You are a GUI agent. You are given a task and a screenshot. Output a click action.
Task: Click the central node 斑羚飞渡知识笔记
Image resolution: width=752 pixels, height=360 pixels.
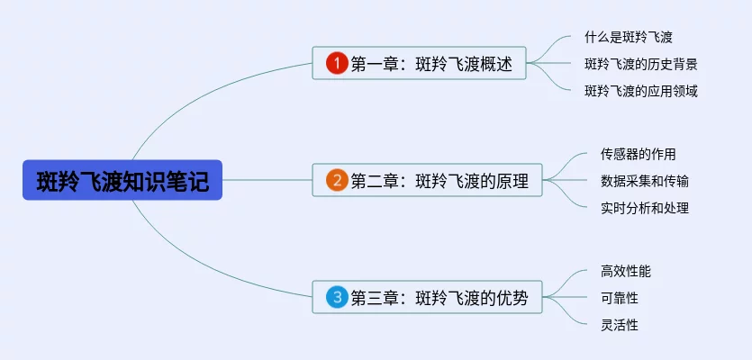point(122,180)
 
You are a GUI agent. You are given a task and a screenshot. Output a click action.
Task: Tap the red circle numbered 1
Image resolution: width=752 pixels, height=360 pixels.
point(336,63)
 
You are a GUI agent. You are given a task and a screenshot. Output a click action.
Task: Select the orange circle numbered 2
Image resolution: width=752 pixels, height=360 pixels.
point(336,180)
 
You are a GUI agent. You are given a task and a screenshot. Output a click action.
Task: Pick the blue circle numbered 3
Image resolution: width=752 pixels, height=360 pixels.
point(336,297)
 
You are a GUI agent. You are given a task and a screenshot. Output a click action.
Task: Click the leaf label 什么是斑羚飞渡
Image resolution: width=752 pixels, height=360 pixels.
point(629,38)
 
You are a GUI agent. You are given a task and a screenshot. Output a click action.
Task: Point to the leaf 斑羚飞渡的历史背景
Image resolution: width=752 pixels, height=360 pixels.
point(640,64)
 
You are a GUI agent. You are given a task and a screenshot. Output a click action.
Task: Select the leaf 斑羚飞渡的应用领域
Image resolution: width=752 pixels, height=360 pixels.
point(640,90)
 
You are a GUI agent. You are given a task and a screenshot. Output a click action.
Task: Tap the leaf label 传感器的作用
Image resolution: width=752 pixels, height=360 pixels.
point(638,154)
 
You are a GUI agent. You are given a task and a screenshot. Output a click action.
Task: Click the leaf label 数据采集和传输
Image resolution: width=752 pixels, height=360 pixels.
point(645,181)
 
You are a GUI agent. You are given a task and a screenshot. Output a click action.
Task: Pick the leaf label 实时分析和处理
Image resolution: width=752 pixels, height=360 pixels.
point(645,208)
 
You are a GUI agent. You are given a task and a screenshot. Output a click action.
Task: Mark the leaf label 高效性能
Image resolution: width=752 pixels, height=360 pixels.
point(625,271)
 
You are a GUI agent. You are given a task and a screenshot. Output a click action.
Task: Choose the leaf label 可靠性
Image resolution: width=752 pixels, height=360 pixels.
point(619,298)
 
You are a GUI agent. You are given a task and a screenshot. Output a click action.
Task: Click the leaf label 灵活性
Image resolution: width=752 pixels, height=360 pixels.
point(619,325)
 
